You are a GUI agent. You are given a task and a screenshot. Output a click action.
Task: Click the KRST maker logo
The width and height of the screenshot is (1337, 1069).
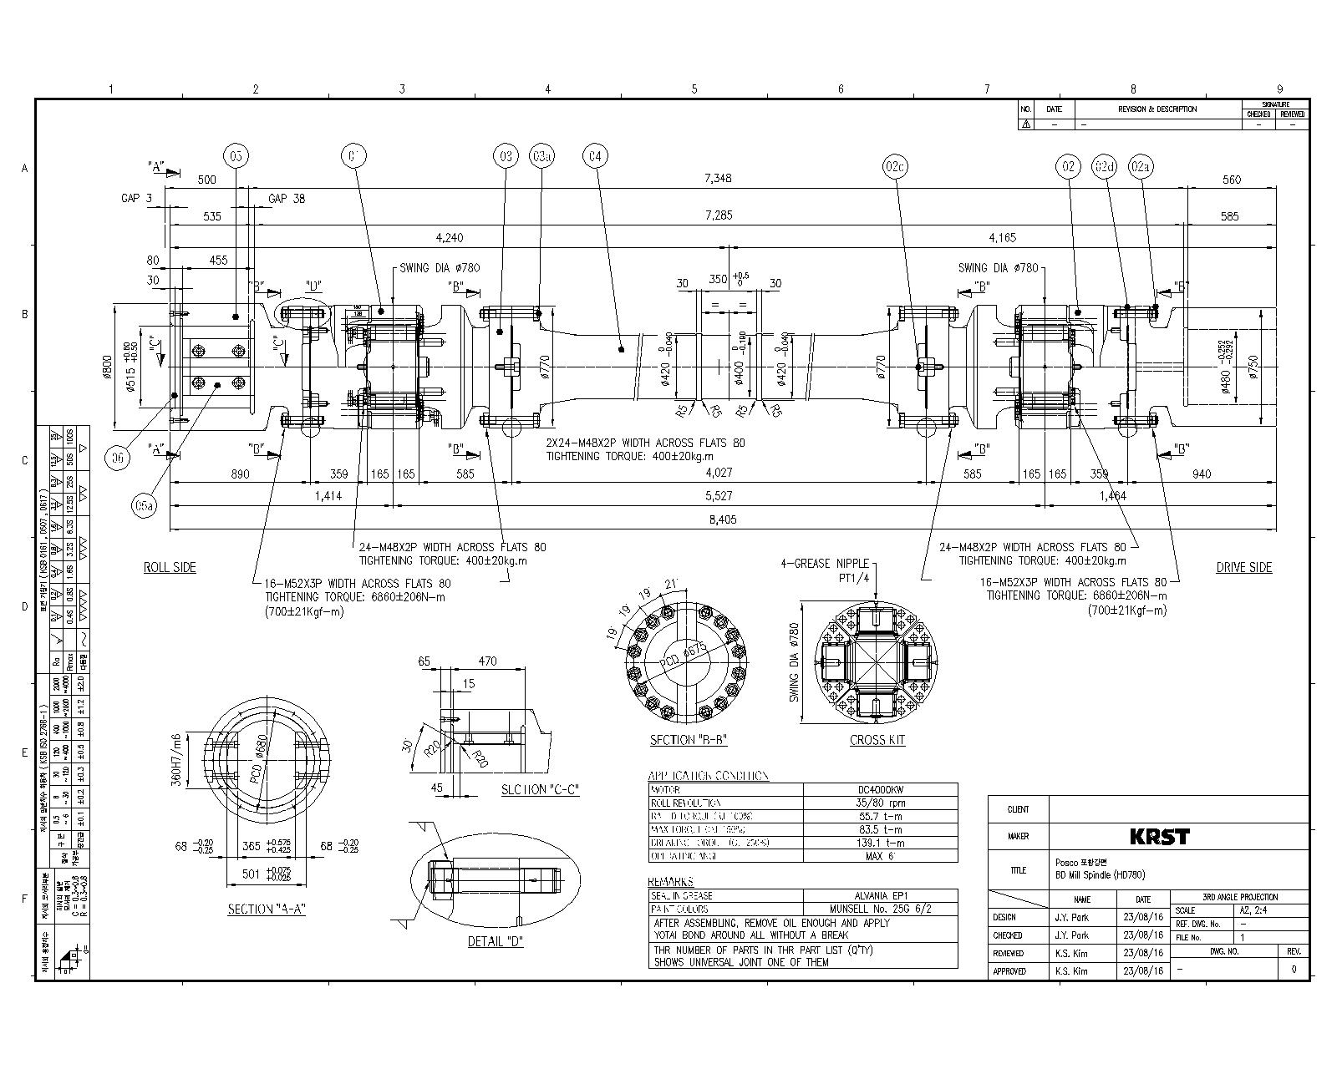tap(1159, 836)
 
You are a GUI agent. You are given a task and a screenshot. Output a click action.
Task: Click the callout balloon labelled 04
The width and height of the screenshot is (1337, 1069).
tap(595, 156)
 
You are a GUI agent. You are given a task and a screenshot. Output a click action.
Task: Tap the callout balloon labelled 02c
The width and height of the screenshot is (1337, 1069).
tap(895, 167)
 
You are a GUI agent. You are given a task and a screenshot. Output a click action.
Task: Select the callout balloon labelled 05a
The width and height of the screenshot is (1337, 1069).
tap(145, 506)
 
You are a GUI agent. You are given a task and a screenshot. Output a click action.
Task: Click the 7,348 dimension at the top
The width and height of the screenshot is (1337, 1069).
tap(718, 178)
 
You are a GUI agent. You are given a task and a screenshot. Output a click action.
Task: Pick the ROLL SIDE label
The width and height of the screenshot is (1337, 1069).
tap(170, 567)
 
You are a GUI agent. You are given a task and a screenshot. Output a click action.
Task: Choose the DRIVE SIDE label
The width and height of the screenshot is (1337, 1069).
tap(1243, 567)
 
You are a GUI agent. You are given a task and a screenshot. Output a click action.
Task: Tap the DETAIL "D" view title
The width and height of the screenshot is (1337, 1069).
tap(496, 942)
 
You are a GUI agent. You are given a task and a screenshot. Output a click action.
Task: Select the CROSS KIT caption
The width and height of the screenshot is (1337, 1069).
tap(877, 740)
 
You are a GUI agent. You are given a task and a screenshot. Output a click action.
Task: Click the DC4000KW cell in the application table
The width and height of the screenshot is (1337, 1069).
tap(881, 789)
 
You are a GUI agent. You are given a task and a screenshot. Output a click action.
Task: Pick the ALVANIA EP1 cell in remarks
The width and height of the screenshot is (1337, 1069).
tap(881, 895)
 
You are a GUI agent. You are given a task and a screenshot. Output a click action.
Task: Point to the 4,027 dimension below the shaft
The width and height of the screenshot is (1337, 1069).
tap(718, 474)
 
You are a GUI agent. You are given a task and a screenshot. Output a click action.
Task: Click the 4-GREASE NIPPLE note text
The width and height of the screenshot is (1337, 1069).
tap(824, 564)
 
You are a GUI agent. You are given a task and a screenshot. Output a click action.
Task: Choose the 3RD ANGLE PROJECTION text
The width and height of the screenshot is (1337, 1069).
tap(1239, 897)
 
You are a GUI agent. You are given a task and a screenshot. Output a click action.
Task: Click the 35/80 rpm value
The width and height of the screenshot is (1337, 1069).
tap(881, 803)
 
